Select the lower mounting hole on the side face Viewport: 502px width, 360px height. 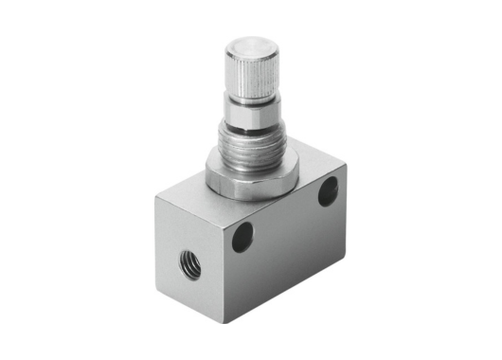(x=243, y=236)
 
